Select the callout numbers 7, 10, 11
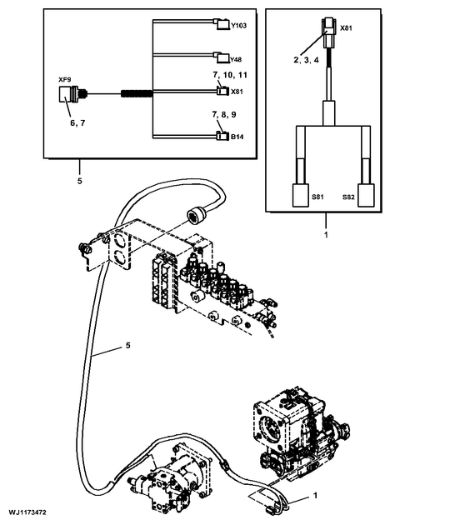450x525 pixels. tap(229, 75)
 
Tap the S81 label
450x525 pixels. tap(317, 197)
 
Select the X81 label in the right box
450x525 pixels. tap(346, 28)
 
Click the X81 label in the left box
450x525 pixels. tap(237, 92)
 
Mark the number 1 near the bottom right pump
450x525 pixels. tap(314, 497)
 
